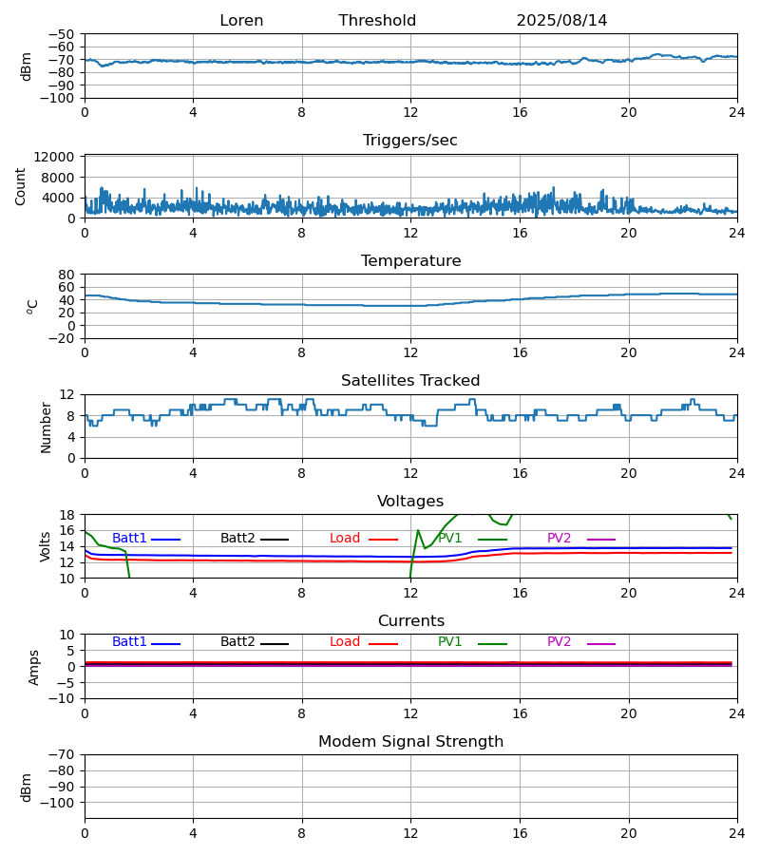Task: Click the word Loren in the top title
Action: pos(241,21)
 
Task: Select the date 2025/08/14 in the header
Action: pos(561,21)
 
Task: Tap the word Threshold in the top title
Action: pos(377,21)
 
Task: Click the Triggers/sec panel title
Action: pos(410,141)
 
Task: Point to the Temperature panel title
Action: pos(410,261)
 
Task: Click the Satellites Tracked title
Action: pos(410,381)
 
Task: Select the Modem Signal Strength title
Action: pos(410,742)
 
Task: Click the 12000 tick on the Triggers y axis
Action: pos(60,157)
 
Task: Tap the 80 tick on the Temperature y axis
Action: pos(66,274)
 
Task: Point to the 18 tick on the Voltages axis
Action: pos(67,515)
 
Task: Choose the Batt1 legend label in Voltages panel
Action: pos(129,539)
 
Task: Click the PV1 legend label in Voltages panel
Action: pos(450,539)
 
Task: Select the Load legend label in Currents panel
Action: pos(345,642)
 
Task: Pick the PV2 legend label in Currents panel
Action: pos(560,642)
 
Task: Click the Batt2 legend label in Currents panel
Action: pos(237,642)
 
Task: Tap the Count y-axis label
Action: pos(22,186)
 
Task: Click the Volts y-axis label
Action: pos(46,546)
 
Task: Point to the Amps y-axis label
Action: pos(34,667)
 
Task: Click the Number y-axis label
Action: pos(46,427)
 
